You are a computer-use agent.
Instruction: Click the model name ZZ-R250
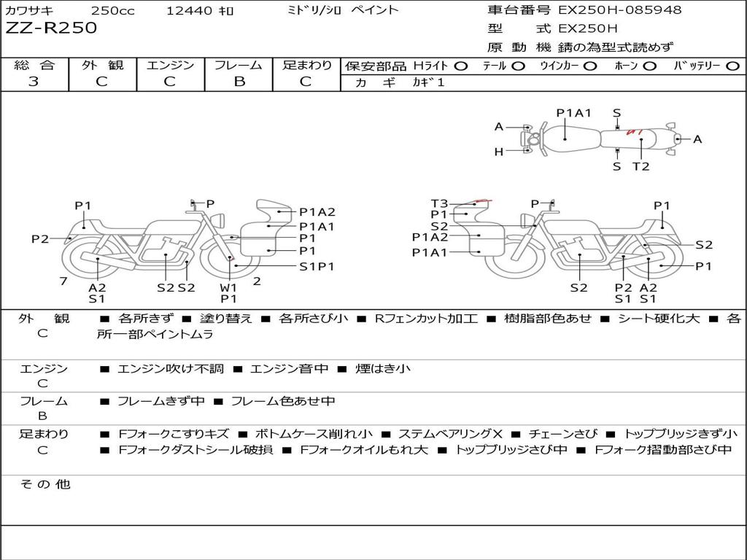point(51,28)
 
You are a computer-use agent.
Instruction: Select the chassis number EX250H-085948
point(620,9)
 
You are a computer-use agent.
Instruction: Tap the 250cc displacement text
point(113,10)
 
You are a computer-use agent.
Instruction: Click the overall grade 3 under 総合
point(34,82)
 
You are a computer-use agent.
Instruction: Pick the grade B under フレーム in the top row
point(239,82)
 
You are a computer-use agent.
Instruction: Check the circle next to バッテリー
point(732,66)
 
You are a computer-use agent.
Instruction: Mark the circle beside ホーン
point(650,66)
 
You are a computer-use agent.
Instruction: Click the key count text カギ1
point(428,82)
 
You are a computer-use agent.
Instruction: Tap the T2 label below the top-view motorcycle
point(640,166)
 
